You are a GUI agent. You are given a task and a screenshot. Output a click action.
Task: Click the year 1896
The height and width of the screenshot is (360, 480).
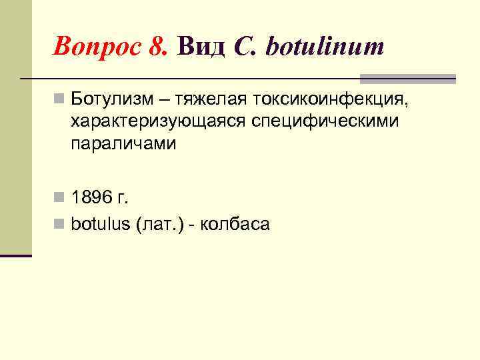pyautogui.click(x=92, y=197)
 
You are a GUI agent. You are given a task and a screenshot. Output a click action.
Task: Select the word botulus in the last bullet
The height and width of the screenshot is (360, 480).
pyautogui.click(x=101, y=224)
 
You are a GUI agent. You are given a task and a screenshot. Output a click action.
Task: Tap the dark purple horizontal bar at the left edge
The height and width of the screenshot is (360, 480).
pyautogui.click(x=16, y=255)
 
